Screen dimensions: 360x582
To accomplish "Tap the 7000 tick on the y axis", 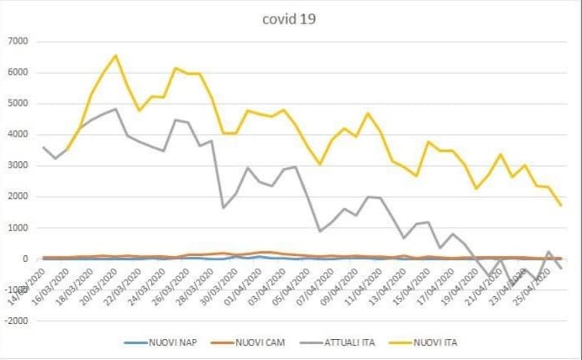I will (19, 41).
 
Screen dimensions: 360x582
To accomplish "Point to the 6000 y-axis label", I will (19, 72).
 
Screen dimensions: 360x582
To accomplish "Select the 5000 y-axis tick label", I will (19, 103).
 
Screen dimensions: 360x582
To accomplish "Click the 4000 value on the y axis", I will (19, 134).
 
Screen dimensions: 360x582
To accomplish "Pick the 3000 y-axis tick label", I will (19, 165).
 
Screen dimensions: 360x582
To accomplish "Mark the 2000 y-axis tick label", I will (19, 196).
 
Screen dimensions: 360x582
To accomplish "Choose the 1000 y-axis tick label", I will (19, 227).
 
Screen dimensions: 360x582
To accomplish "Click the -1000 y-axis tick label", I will (18, 290).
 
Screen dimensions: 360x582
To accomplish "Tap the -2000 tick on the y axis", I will (18, 321).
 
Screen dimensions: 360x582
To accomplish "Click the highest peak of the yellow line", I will (116, 55).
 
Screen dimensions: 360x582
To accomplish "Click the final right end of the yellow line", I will (560, 205).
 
